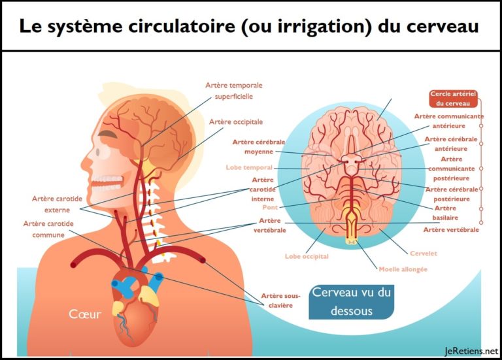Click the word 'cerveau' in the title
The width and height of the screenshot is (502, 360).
pyautogui.click(x=443, y=26)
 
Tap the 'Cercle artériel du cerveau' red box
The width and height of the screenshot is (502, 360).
pyautogui.click(x=453, y=99)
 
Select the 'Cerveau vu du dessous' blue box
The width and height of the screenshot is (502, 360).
pyautogui.click(x=351, y=302)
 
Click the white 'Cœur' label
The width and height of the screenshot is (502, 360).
pyautogui.click(x=85, y=314)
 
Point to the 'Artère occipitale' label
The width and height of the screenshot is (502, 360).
pyautogui.click(x=236, y=122)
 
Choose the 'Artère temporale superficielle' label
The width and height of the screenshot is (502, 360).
pyautogui.click(x=234, y=91)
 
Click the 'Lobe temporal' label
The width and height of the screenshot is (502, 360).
pyautogui.click(x=249, y=167)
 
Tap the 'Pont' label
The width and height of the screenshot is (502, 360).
pyautogui.click(x=270, y=207)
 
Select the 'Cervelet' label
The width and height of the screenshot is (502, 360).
pyautogui.click(x=424, y=253)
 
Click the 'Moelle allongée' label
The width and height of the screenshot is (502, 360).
pyautogui.click(x=403, y=269)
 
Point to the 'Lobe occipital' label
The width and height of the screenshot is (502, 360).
pyautogui.click(x=307, y=256)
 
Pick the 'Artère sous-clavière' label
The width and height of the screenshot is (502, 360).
pyautogui.click(x=280, y=301)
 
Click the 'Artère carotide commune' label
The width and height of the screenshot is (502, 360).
pyautogui.click(x=48, y=229)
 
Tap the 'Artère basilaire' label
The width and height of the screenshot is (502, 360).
pyautogui.click(x=445, y=213)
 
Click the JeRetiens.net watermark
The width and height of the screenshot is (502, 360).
pyautogui.click(x=471, y=351)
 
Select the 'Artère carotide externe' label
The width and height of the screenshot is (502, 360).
pyautogui.click(x=57, y=204)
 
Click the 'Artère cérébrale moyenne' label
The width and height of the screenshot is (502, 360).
pyautogui.click(x=259, y=146)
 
